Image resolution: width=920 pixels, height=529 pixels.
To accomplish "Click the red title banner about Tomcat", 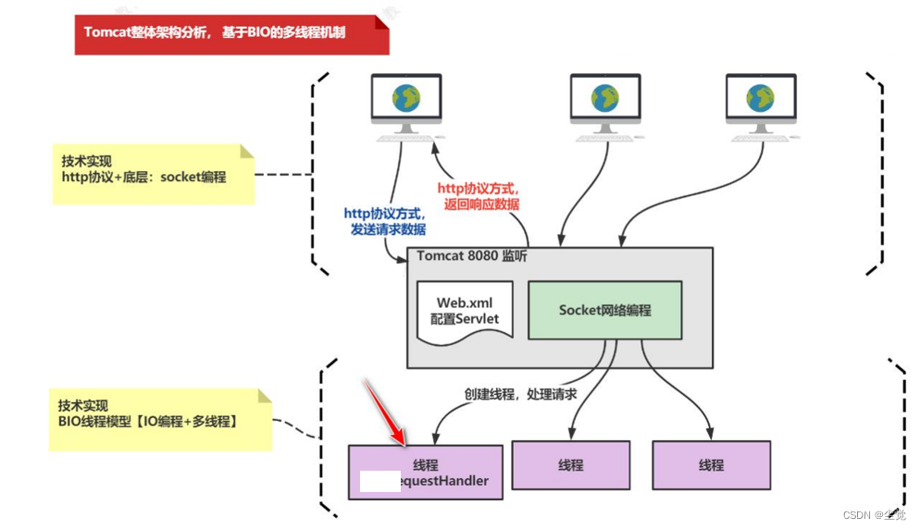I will coord(231,32).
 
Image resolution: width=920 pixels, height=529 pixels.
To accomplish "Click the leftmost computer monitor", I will coord(405,100).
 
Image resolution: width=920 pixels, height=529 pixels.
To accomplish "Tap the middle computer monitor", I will coord(604,100).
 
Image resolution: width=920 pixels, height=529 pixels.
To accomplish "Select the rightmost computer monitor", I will coord(761,100).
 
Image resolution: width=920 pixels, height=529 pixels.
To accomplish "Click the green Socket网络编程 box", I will coord(604,311).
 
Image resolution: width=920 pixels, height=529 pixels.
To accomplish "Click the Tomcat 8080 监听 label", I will coord(471,256).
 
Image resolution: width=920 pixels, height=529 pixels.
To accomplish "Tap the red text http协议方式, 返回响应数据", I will coord(479,196).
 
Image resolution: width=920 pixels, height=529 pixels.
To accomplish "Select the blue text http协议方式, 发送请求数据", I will coord(385,221).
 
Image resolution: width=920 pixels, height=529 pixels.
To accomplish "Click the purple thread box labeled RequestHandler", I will coord(426,472).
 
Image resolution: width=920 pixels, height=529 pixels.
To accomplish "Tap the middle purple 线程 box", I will coord(571,465).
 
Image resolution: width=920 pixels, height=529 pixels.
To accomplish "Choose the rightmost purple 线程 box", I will coord(712,465).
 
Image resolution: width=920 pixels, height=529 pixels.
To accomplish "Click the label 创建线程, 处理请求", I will coord(520,394).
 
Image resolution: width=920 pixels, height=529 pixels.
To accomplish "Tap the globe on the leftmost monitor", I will coord(405,95).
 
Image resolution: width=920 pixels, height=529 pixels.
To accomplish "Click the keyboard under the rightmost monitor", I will coord(761,138).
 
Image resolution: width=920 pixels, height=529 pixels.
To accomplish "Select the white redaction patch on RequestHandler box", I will coord(380,481).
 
